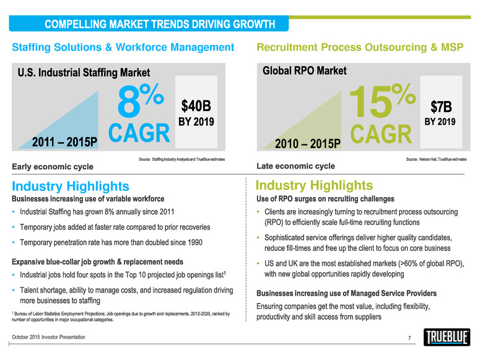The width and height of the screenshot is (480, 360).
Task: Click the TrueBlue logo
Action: tap(445, 338)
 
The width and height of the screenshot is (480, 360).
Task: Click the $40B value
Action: tap(196, 102)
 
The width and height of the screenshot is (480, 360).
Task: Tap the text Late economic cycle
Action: tap(295, 166)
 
